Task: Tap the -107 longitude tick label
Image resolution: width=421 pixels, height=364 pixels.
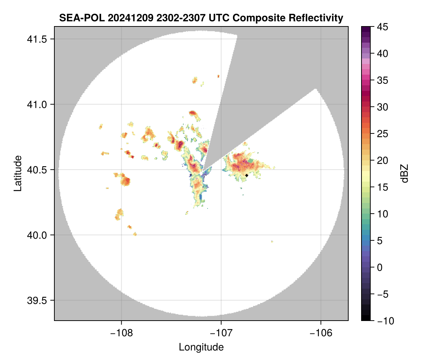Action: click(221, 332)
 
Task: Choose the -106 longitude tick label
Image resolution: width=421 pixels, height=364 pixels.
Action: click(321, 332)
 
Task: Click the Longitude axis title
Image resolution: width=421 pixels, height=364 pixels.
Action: click(201, 347)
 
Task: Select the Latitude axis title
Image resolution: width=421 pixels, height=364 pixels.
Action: click(18, 173)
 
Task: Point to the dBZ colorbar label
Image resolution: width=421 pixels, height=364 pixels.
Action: click(404, 174)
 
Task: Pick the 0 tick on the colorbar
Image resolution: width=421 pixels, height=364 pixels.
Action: click(379, 267)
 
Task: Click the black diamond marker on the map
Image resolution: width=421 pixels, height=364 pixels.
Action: click(247, 175)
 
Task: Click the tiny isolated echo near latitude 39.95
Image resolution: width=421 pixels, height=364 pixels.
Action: click(272, 242)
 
